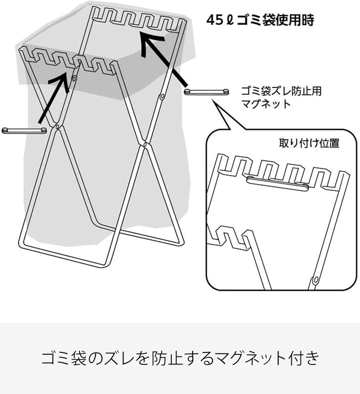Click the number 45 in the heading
click(214, 21)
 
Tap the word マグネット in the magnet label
click(265, 104)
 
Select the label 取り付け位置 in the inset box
click(309, 143)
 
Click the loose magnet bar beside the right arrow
click(206, 92)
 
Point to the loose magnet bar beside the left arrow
click(24, 130)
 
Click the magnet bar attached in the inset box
click(277, 183)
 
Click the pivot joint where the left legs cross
click(57, 127)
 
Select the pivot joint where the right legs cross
click(145, 144)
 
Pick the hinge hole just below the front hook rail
click(74, 79)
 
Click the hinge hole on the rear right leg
click(162, 96)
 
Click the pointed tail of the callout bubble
click(213, 100)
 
